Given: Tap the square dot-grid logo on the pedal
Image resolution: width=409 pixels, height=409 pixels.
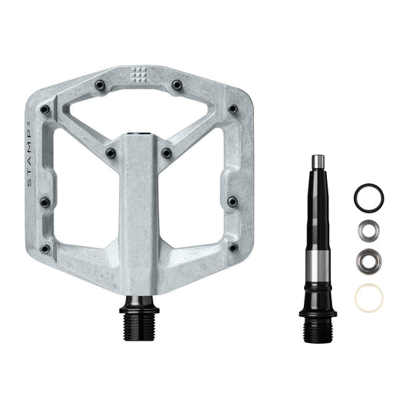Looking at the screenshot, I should pos(139,74).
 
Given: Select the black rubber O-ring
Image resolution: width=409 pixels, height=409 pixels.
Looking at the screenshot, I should pos(368,197).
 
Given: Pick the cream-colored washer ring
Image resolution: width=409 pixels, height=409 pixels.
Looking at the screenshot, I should pos(368,296).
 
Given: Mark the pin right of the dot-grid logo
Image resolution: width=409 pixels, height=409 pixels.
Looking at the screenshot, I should pos(176,84).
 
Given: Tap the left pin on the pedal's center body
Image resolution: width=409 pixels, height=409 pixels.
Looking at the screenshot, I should pos(111,153).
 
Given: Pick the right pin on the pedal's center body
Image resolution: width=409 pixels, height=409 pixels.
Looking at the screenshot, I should pos(167,153).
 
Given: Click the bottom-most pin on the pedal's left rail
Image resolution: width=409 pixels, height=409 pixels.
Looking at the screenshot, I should pos(45,249).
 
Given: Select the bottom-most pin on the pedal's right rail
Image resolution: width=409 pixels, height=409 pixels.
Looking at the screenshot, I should pos(233,247).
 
